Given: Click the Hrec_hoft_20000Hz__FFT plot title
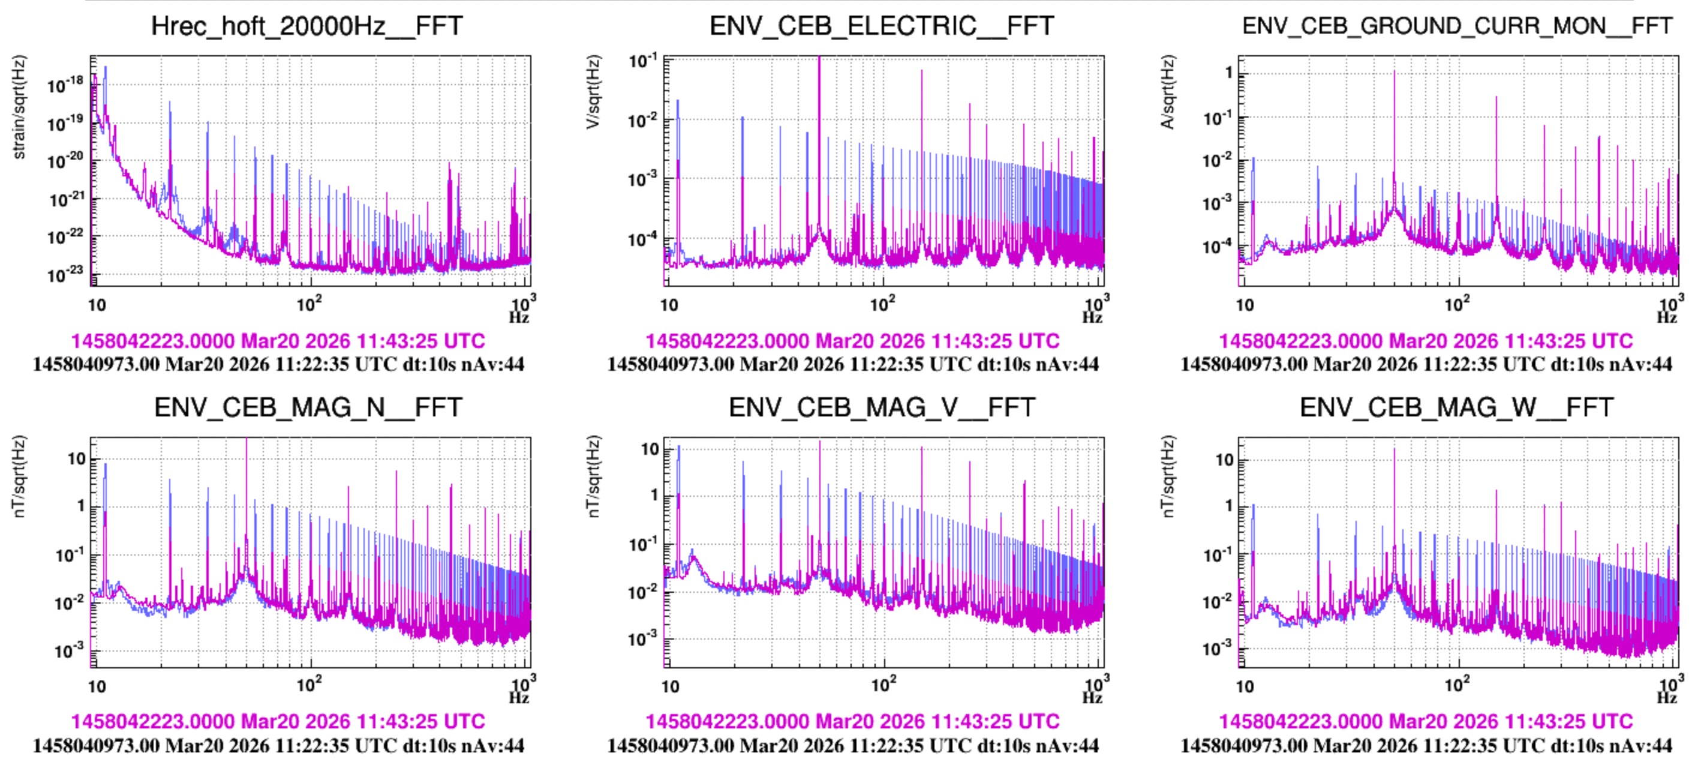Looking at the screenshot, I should tap(307, 26).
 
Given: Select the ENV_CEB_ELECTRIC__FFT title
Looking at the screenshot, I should tap(881, 26).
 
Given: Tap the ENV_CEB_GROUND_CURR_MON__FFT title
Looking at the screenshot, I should tap(1457, 26).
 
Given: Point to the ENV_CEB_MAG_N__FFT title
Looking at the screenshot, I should tap(308, 407).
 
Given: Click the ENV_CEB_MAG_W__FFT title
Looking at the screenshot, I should tap(1456, 407).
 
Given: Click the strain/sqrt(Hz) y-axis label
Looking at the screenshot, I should tap(19, 107).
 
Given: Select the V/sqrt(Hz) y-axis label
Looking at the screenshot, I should tap(593, 92).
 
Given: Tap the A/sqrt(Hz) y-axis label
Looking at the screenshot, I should tap(1168, 92).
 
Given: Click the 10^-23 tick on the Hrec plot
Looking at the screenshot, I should tap(65, 274).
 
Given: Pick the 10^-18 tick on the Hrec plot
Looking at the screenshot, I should tap(65, 85).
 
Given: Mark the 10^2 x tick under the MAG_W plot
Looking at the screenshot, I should tap(1456, 685).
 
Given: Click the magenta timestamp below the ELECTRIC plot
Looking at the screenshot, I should tap(852, 341).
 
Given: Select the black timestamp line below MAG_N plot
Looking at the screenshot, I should tap(278, 745).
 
